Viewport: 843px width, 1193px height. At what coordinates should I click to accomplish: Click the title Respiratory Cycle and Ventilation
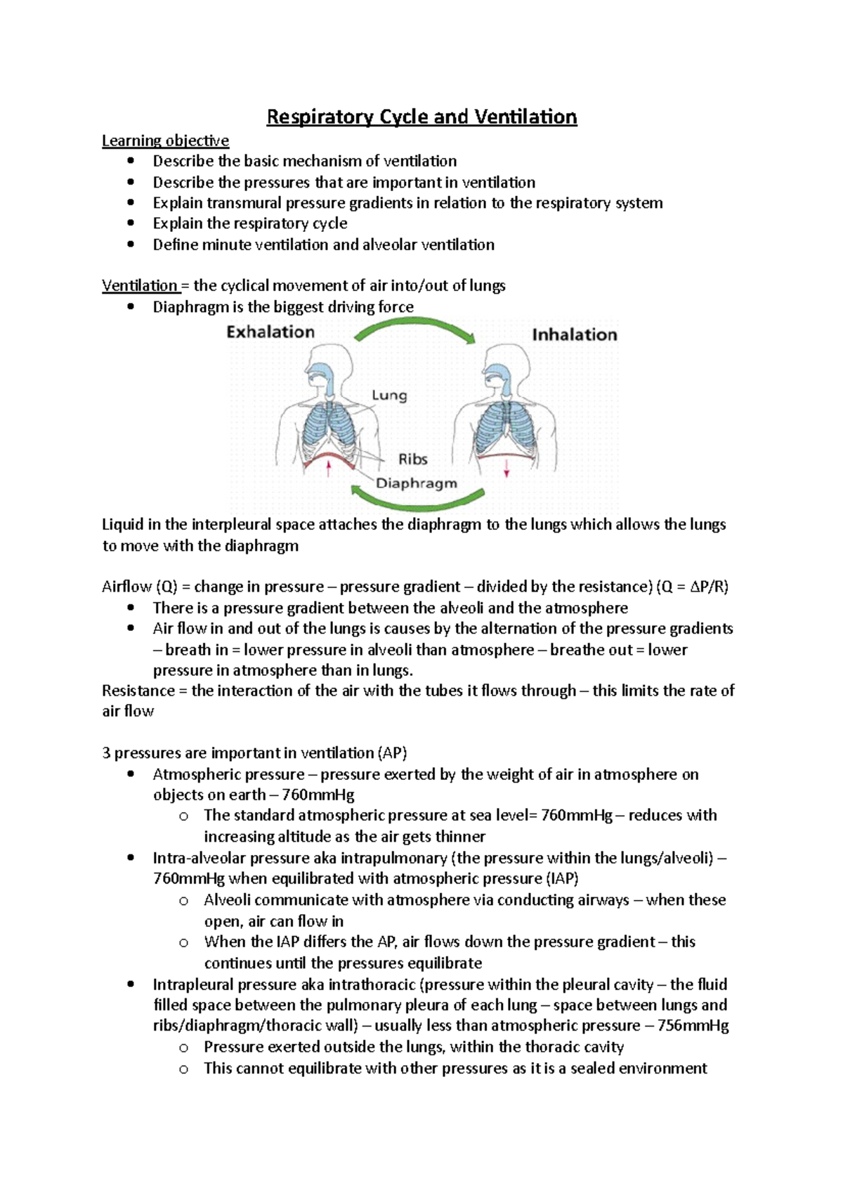(x=421, y=117)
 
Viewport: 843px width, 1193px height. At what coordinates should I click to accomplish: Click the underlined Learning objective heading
(x=165, y=141)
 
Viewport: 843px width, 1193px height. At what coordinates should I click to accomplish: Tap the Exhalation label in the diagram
(x=270, y=332)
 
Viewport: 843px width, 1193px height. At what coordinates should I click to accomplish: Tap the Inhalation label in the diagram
(x=575, y=334)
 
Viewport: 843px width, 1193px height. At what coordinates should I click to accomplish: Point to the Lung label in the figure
(x=389, y=396)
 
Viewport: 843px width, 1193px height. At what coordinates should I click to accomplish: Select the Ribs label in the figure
(x=413, y=459)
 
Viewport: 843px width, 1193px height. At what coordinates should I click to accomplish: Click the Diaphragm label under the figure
(x=417, y=483)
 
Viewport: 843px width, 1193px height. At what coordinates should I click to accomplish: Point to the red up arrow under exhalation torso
(x=328, y=469)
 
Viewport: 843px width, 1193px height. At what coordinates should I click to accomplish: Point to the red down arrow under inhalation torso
(x=507, y=469)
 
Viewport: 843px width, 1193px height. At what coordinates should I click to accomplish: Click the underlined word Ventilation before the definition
(x=140, y=285)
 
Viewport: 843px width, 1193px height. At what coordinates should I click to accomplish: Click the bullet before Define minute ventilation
(x=131, y=245)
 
